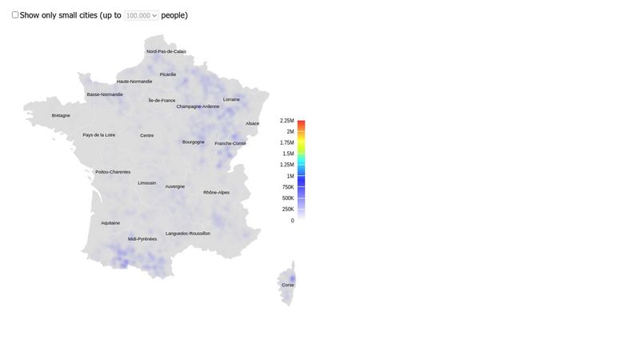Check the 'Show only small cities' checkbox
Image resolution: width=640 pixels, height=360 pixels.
coord(15,15)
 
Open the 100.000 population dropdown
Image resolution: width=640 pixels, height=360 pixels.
coord(142,15)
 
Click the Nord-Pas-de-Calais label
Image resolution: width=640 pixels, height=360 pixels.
coord(166,51)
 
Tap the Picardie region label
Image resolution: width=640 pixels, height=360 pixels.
coord(168,74)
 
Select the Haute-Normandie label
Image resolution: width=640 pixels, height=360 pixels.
coord(134,82)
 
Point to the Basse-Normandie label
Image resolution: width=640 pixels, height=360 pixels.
coord(105,94)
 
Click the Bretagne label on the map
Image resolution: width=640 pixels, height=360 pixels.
coord(61,115)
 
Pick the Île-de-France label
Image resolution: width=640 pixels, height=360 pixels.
coord(162,101)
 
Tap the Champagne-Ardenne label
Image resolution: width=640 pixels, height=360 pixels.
coord(198,106)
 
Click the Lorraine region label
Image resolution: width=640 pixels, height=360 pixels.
coord(231,99)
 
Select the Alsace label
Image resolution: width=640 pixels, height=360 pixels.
coord(252,123)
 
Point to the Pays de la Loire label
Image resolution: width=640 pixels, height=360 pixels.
coord(99,135)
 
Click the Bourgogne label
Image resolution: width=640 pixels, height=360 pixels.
coord(194,142)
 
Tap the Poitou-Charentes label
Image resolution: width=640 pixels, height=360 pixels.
coord(113,172)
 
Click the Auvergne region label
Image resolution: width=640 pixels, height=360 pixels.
coord(175,186)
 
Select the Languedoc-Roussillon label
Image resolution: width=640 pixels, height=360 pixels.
coord(188,234)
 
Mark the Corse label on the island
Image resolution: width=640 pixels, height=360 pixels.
coord(288,285)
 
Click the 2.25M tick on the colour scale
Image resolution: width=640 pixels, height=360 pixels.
coord(287,120)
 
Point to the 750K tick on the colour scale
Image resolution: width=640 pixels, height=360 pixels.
coord(288,187)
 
